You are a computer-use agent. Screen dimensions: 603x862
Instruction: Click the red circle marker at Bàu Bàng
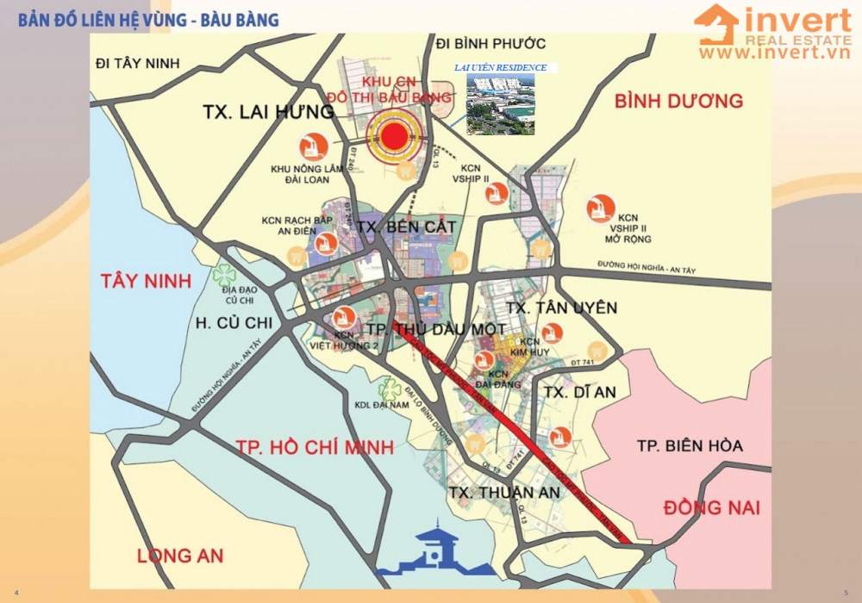(395, 136)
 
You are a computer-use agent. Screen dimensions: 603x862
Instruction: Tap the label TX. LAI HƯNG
(269, 112)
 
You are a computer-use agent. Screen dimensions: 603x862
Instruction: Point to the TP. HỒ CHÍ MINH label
(314, 447)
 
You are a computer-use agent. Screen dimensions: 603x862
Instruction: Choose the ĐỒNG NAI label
(711, 507)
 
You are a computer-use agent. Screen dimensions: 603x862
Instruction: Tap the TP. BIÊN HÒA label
(689, 445)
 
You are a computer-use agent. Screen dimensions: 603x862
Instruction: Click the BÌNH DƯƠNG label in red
(678, 102)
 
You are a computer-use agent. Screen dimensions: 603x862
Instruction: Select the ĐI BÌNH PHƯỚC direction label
(490, 44)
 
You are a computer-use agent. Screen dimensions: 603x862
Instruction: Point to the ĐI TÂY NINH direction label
(141, 63)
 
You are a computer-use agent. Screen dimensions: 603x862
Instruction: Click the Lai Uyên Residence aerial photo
(500, 104)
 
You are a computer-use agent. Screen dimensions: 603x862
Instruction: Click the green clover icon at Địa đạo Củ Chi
(225, 275)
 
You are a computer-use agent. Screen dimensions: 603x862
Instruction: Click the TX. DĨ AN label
(580, 392)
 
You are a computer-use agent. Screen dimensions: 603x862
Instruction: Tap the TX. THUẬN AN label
(504, 492)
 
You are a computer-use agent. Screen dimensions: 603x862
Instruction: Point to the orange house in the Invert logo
(717, 25)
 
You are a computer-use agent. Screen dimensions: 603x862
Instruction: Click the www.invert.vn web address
(774, 53)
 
